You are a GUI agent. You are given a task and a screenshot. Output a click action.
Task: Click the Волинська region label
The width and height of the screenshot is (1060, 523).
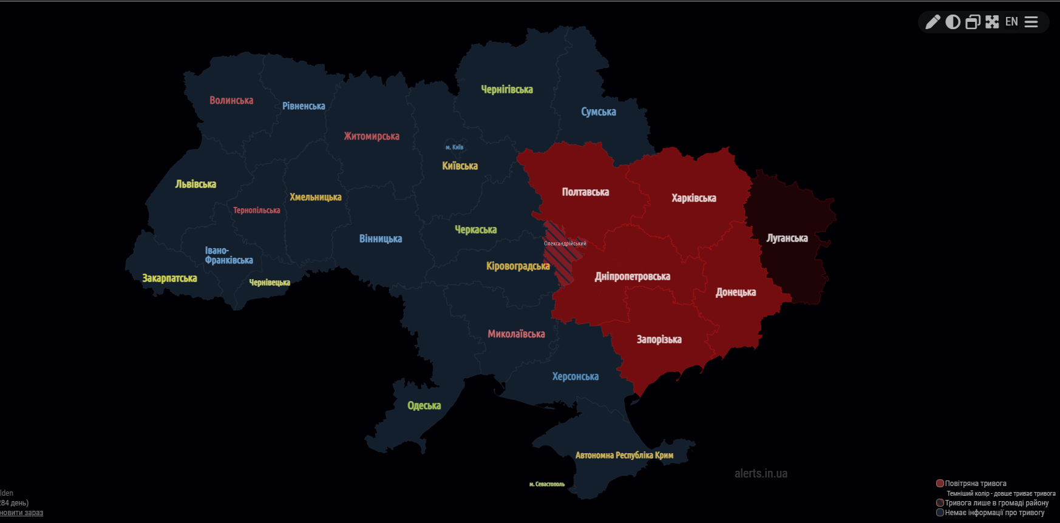point(231,101)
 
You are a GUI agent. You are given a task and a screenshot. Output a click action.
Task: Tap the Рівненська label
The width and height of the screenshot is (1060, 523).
point(304,106)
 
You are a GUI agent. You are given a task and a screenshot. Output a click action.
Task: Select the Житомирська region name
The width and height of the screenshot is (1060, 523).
point(372,137)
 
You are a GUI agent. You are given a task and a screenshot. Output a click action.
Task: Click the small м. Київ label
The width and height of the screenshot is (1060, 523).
point(454,147)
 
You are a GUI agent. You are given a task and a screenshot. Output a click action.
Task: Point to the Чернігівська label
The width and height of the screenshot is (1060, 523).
point(507,90)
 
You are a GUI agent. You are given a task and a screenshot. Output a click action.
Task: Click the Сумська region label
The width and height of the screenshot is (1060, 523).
point(598,112)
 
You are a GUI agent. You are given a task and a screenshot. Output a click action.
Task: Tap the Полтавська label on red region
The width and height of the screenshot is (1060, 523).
point(585,192)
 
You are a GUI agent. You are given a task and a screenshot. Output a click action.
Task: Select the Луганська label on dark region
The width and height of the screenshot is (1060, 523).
point(787,238)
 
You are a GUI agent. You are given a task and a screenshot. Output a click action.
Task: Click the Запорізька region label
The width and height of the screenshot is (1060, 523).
point(659,340)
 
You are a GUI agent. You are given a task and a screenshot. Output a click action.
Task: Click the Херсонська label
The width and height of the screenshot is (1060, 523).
point(575,377)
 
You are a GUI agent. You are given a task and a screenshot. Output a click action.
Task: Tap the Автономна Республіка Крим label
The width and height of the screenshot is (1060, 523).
point(624,456)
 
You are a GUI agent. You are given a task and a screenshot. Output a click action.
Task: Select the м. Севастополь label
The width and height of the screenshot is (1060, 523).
point(546,484)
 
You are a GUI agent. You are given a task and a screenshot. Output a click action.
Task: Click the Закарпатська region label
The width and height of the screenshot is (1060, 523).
point(169,278)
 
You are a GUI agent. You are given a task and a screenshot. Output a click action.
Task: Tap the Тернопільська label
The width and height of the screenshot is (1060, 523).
point(256,211)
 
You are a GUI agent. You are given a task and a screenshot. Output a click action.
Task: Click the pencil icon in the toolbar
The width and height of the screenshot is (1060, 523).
point(933,22)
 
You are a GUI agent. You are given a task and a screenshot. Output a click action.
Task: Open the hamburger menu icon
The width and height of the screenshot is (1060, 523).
point(1031,22)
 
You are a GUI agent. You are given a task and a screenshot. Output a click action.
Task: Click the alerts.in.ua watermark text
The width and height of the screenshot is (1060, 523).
point(761,474)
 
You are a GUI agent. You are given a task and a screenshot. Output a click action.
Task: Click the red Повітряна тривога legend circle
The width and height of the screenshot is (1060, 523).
point(940,484)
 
